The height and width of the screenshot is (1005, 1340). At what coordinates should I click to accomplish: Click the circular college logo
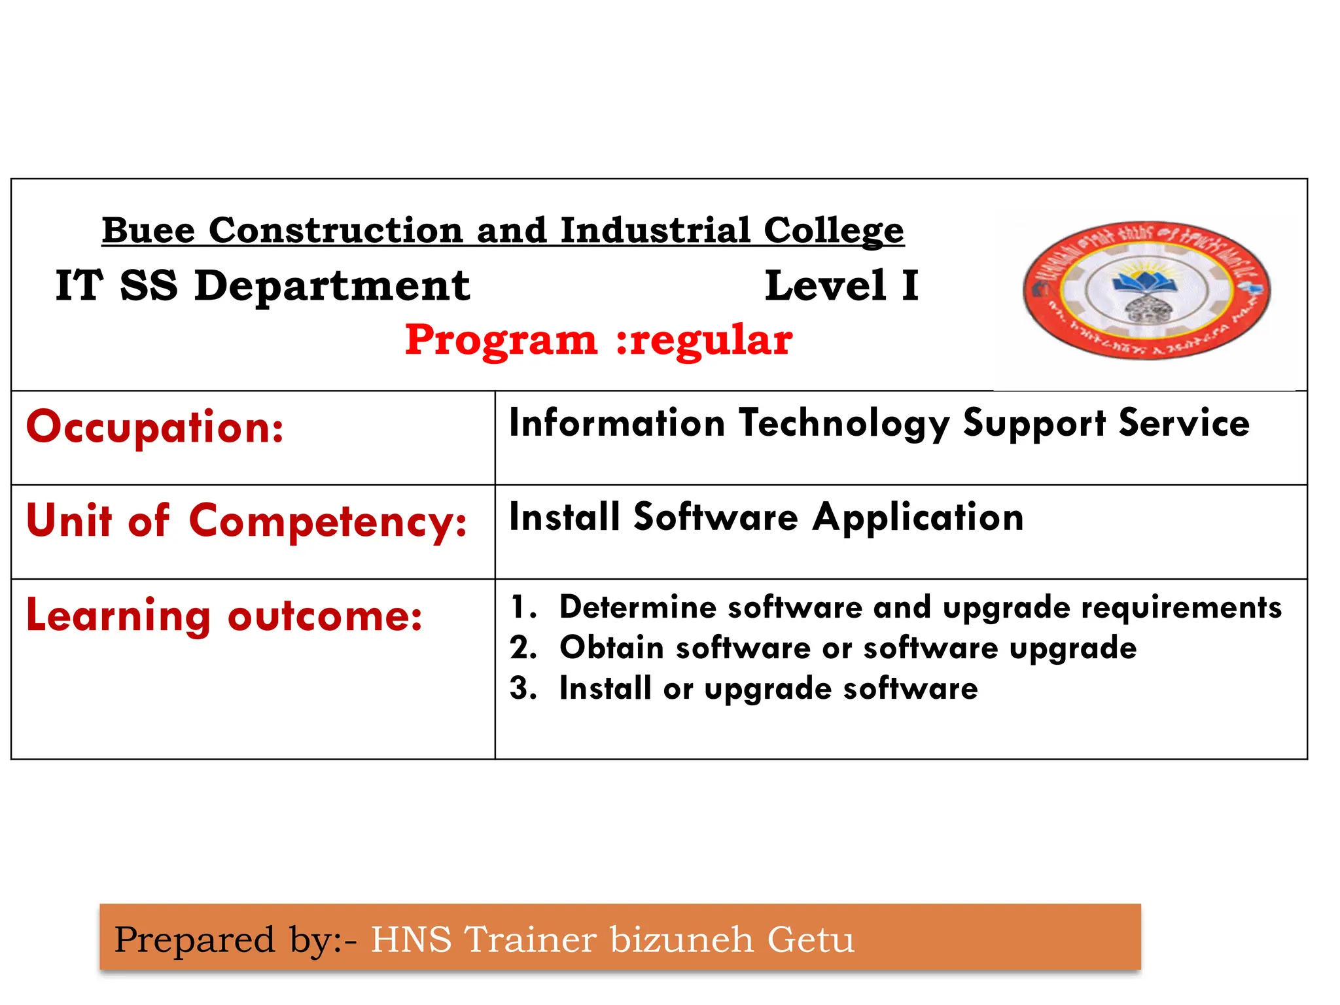point(1146,290)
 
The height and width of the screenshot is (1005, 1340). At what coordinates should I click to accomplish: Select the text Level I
point(841,286)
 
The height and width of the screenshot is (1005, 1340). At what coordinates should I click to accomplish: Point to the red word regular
point(712,340)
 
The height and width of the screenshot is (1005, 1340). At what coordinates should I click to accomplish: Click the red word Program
point(501,340)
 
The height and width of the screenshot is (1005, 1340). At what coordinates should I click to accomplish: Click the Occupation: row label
point(155,427)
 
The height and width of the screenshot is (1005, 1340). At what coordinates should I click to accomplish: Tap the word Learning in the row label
point(118,616)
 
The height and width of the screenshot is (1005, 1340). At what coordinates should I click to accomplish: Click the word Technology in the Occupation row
point(844,423)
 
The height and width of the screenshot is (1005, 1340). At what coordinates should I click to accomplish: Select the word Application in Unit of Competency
point(917,518)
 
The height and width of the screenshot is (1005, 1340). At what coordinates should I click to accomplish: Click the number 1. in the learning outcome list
point(523,607)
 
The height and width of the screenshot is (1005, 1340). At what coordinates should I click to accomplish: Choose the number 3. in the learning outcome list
point(523,688)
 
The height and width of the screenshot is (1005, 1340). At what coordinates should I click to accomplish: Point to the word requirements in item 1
point(1181,608)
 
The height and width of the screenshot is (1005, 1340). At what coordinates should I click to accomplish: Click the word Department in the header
point(332,286)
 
